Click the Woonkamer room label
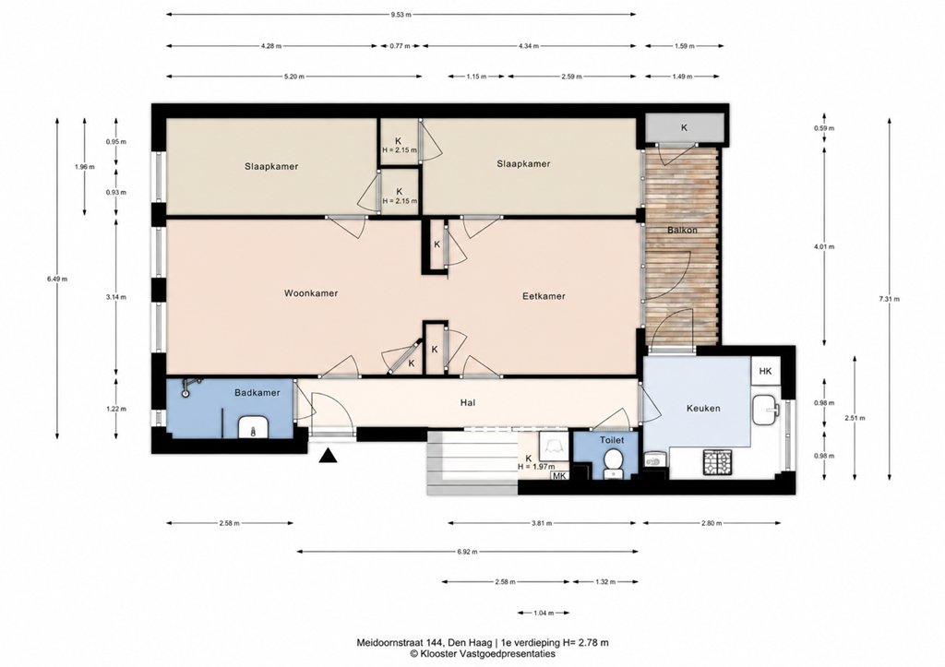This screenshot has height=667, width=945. [311, 293]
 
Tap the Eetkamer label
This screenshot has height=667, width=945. [544, 296]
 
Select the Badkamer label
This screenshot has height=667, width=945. [257, 392]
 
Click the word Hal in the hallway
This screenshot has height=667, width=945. [468, 402]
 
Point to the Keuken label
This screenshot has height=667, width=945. [703, 408]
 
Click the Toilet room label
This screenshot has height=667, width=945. [612, 440]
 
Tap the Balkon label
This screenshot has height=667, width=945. [682, 230]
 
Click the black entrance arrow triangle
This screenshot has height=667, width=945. [328, 456]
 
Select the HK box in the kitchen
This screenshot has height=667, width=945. [765, 371]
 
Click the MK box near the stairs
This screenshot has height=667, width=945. [559, 475]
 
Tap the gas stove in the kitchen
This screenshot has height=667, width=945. [717, 461]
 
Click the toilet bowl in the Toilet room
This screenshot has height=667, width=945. [614, 461]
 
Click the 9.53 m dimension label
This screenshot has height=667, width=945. [401, 14]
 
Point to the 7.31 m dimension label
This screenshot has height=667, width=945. [890, 299]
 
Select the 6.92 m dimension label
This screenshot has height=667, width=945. [467, 552]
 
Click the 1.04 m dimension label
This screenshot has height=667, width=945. [543, 613]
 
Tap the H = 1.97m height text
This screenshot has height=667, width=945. [536, 467]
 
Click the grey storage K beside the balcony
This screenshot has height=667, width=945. [684, 127]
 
